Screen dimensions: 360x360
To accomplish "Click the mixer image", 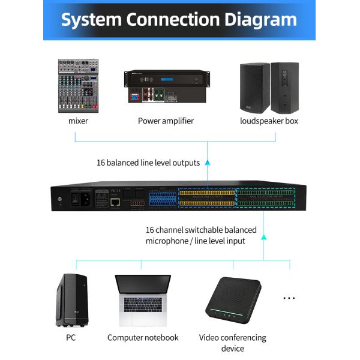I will pyautogui.click(x=78, y=85).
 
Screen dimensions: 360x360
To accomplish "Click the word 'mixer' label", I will pyautogui.click(x=78, y=121).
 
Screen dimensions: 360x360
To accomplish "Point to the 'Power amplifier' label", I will pyautogui.click(x=166, y=121).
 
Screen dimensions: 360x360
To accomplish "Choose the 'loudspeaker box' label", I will pyautogui.click(x=269, y=121).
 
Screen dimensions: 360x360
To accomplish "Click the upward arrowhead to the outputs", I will pyautogui.click(x=207, y=162).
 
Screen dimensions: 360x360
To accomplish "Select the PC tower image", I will pyautogui.click(x=71, y=299).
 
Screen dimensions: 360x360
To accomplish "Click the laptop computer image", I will pyautogui.click(x=143, y=300).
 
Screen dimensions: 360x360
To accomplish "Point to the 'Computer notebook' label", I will pyautogui.click(x=143, y=338).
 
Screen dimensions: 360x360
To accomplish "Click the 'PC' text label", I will pyautogui.click(x=71, y=338).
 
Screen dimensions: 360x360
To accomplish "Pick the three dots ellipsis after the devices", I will pyautogui.click(x=289, y=298).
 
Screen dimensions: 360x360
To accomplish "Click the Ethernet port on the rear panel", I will pyautogui.click(x=116, y=202).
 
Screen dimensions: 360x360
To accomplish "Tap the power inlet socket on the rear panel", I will pyautogui.click(x=83, y=199).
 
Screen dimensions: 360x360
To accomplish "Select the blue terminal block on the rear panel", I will pyautogui.click(x=163, y=199).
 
